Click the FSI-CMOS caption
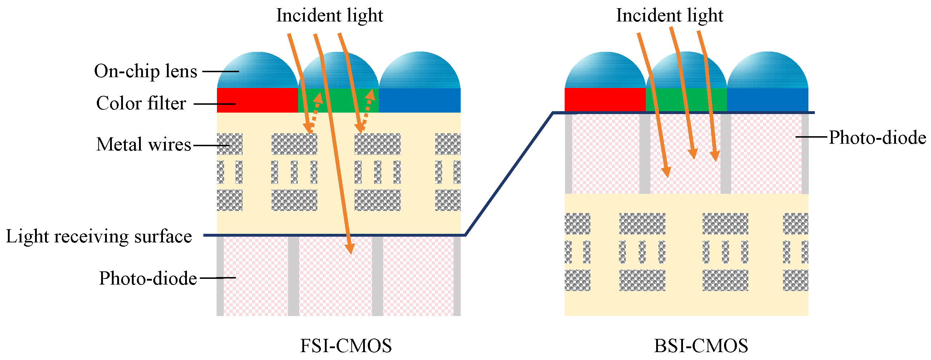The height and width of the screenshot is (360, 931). (x=346, y=346)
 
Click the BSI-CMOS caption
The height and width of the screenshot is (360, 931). (x=701, y=346)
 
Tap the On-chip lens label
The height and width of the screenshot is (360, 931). (x=146, y=71)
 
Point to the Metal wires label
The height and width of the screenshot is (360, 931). (x=143, y=144)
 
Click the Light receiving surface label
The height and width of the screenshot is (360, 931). (x=99, y=236)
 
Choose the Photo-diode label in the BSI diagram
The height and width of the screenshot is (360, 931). (x=877, y=137)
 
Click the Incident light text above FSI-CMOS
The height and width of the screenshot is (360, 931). (x=329, y=15)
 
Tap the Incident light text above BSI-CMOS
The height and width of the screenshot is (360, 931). (x=669, y=15)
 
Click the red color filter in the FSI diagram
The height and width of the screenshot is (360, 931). (x=257, y=100)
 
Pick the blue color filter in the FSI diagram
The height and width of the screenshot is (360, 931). (x=419, y=100)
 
